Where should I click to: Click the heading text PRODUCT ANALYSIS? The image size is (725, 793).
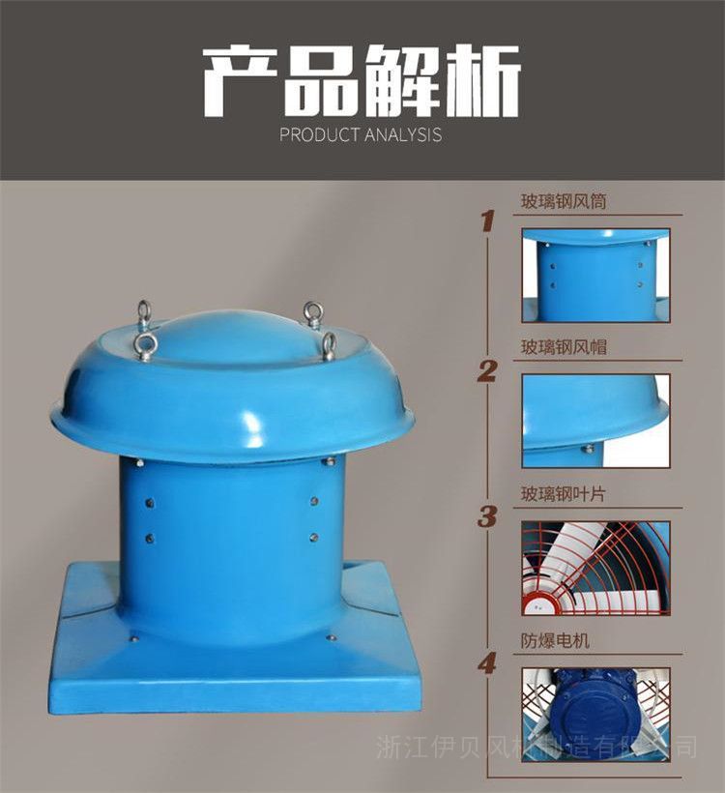(x=361, y=135)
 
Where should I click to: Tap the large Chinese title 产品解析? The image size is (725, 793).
(x=362, y=80)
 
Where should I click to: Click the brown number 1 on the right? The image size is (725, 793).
(x=487, y=221)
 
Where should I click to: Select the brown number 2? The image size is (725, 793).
(x=487, y=371)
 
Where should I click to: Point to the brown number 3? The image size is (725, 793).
(x=487, y=516)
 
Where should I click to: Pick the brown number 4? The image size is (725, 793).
(x=487, y=663)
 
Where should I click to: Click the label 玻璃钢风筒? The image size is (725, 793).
(x=564, y=201)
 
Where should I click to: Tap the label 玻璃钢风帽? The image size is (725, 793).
(x=564, y=347)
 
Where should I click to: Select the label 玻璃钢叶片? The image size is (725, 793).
(x=564, y=493)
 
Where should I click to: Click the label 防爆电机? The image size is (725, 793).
(x=555, y=641)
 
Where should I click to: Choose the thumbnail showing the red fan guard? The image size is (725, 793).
(x=596, y=568)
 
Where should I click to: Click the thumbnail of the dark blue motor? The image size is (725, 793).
(x=596, y=714)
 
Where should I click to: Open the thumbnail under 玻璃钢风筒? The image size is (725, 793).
(x=596, y=275)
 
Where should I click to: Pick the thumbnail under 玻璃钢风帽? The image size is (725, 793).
(x=596, y=421)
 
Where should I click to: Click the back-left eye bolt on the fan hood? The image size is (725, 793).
(x=144, y=312)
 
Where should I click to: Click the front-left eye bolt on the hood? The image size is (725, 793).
(x=148, y=346)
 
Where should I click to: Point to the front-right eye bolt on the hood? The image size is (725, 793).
(x=329, y=346)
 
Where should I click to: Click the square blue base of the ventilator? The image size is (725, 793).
(x=235, y=673)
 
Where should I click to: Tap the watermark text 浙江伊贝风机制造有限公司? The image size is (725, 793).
(x=536, y=748)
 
